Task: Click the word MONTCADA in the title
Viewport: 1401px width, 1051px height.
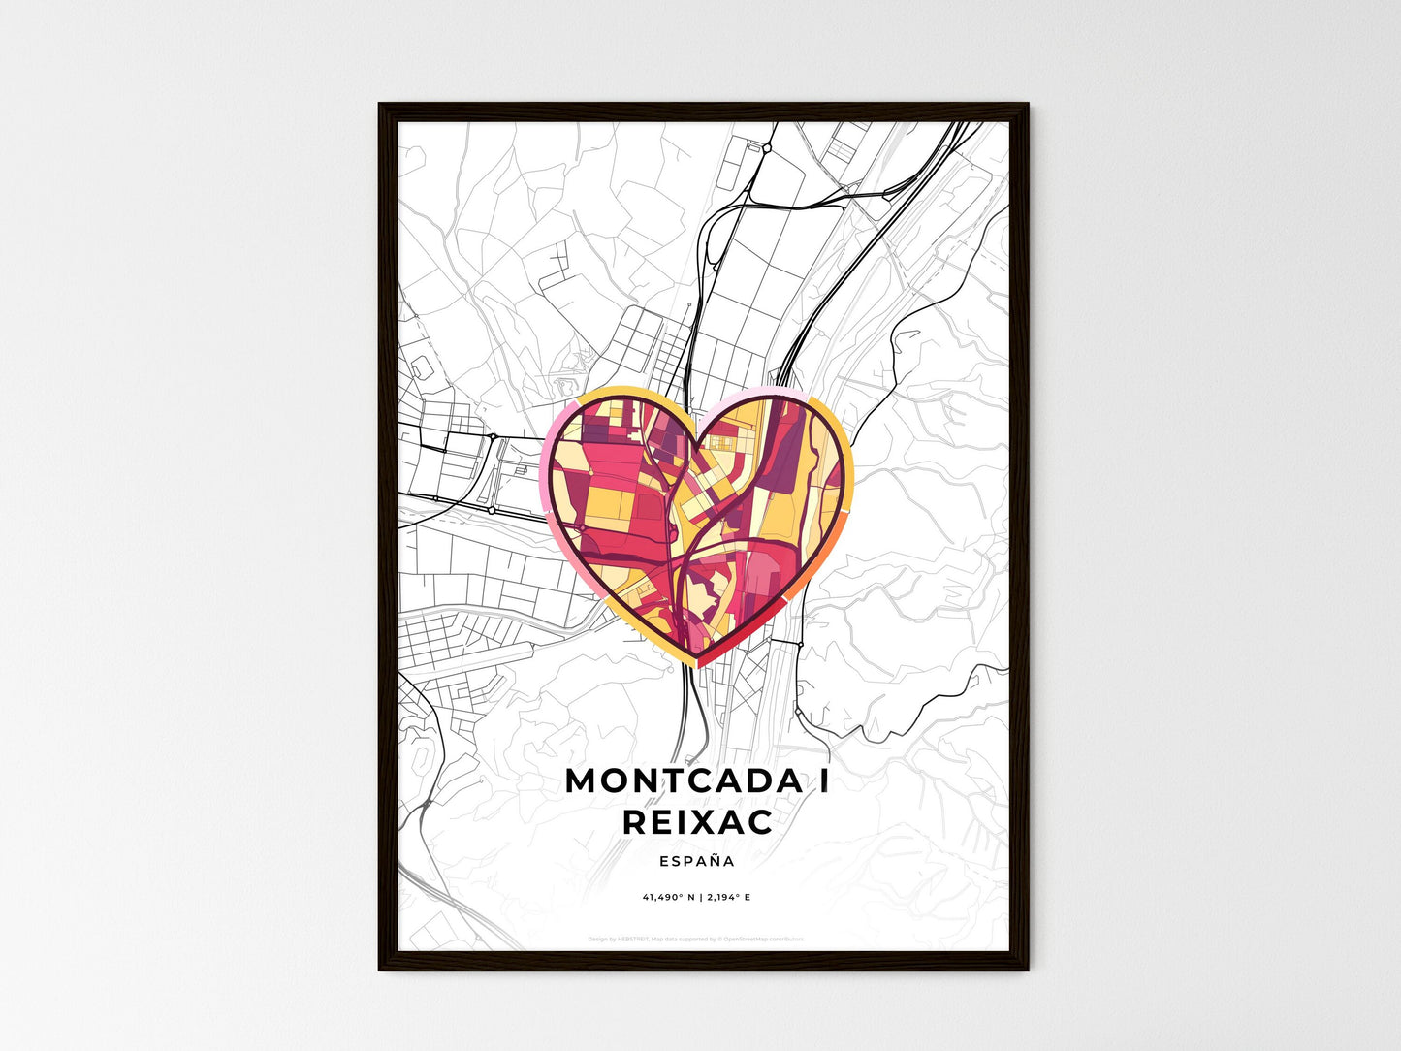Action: pyautogui.click(x=679, y=780)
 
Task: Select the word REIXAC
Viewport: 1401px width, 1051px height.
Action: pyautogui.click(x=698, y=822)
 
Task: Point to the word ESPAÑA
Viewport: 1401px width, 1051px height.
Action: pyautogui.click(x=697, y=861)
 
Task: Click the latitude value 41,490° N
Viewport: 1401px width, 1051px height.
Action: pyautogui.click(x=667, y=897)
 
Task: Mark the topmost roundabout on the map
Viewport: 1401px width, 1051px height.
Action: pyautogui.click(x=766, y=148)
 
